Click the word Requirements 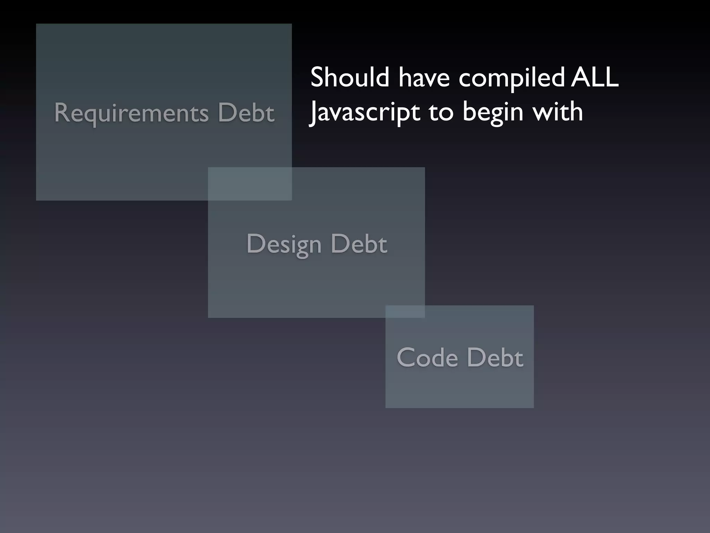coord(131,113)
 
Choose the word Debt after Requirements coord(246,112)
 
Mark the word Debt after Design coord(358,244)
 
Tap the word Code coord(427,357)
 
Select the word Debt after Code coord(495,357)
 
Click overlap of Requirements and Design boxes coord(250,184)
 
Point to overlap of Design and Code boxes coord(405,311)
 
